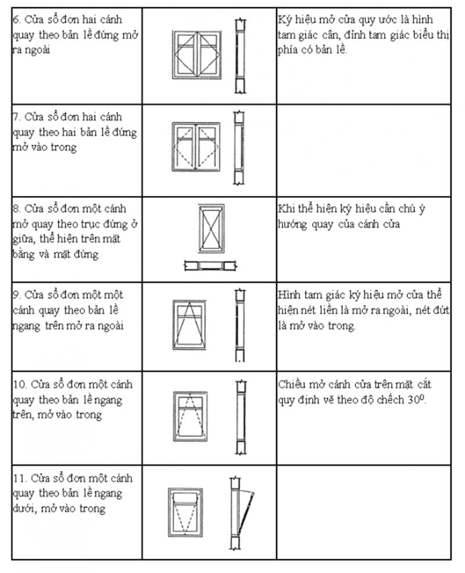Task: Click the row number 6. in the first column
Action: (16, 20)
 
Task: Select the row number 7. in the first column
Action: (16, 118)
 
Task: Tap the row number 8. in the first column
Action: (16, 209)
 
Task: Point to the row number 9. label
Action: (16, 295)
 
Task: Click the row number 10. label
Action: (19, 385)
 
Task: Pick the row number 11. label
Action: (19, 478)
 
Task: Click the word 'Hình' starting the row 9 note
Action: (288, 295)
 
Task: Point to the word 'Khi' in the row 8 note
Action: (287, 209)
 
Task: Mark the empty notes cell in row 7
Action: (363, 150)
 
